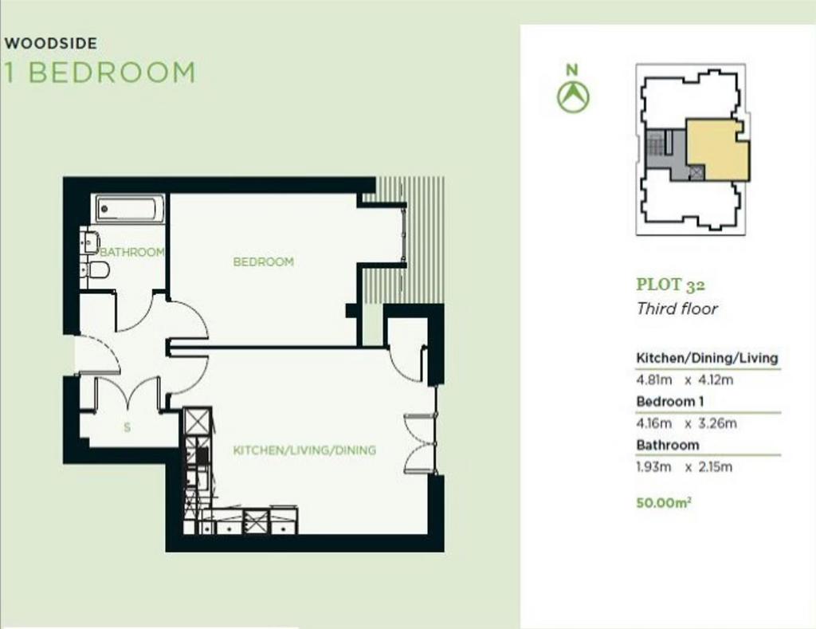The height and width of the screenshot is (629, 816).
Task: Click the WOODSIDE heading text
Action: (50, 43)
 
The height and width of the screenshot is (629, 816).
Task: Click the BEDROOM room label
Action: (263, 261)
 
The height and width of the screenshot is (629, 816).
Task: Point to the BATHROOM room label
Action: (132, 252)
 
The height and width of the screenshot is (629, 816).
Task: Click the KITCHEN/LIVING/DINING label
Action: (304, 450)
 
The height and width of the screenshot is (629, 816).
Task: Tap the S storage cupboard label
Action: (127, 428)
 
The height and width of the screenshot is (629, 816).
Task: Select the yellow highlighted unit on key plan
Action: (718, 149)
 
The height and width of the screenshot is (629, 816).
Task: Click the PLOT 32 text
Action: (671, 285)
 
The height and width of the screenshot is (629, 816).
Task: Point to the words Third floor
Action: (677, 309)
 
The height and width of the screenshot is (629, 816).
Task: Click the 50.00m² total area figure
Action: (664, 503)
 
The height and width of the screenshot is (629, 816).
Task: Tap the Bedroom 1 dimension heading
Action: (669, 402)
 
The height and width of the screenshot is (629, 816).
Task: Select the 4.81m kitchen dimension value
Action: (654, 379)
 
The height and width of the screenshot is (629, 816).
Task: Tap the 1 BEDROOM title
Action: (100, 73)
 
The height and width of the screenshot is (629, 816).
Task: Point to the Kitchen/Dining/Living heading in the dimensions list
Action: (707, 358)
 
